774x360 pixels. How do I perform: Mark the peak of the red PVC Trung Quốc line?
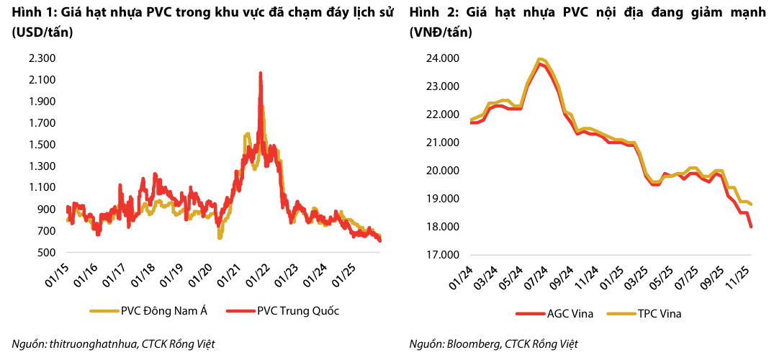click(260, 73)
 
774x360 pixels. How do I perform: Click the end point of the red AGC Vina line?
click(752, 227)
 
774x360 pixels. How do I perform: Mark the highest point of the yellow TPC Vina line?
click(539, 59)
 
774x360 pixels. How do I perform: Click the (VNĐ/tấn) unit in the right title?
click(438, 33)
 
